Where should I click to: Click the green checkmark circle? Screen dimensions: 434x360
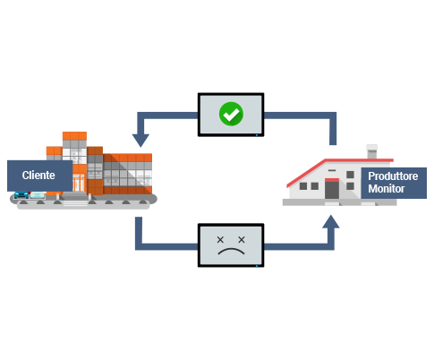[x=231, y=114]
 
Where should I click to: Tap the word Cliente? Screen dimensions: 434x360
[x=38, y=176]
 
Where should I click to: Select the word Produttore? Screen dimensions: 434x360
[x=393, y=176]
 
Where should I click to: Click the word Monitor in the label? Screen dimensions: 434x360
[x=387, y=189]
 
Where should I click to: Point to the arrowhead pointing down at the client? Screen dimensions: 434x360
[x=140, y=141]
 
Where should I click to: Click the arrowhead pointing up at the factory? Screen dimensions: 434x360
[x=331, y=221]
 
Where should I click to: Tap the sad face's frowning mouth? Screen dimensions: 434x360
[x=231, y=252]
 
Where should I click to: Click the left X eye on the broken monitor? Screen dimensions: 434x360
[x=220, y=239]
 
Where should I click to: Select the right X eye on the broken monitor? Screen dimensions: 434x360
[x=242, y=239]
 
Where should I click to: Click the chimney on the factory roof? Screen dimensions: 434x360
[x=371, y=151]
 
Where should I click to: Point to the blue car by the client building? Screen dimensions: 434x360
[x=21, y=195]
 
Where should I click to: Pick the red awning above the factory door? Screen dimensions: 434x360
[x=332, y=180]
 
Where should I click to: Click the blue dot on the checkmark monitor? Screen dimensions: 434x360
[x=257, y=135]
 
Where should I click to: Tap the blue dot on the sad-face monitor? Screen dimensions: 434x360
[x=257, y=266]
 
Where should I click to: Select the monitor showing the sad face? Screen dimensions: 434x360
[x=231, y=245]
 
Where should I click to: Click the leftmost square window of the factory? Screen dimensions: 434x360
[x=303, y=186]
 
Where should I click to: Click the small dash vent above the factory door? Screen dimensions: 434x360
[x=332, y=170]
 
